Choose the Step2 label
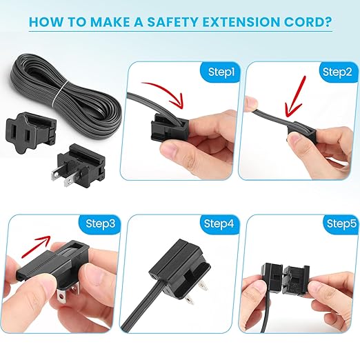[336, 72]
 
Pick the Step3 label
[101, 223]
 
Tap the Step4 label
[218, 223]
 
